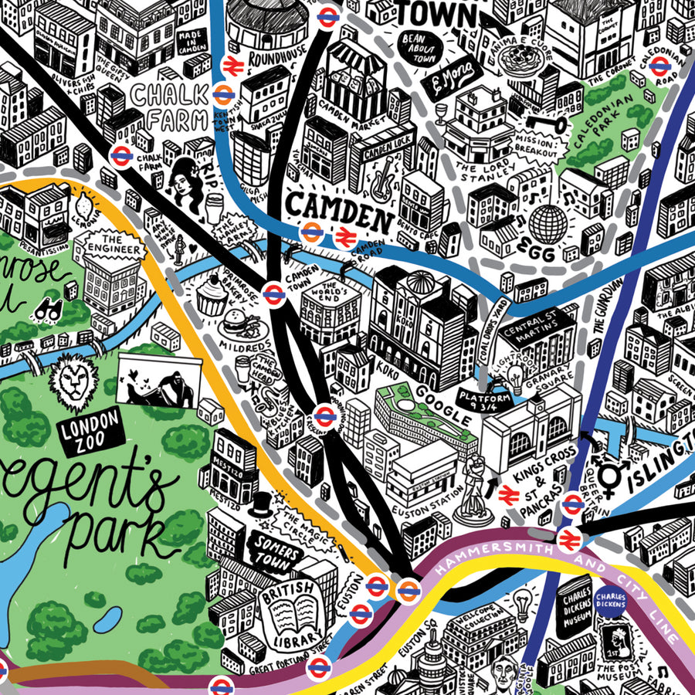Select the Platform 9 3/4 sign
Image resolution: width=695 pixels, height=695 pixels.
pyautogui.click(x=484, y=400)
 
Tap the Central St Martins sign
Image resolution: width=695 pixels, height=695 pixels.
pyautogui.click(x=536, y=331)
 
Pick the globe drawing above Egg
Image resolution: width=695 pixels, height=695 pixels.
pyautogui.click(x=547, y=222)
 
